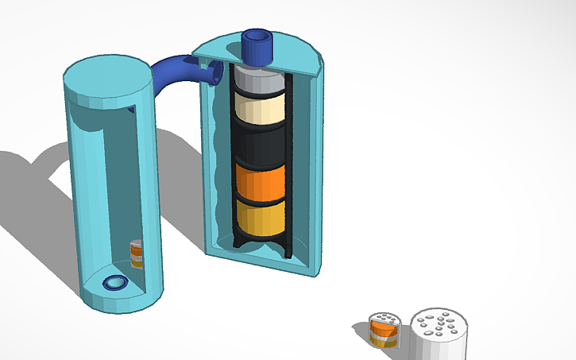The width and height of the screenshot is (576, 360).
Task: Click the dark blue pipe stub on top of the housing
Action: point(258,49)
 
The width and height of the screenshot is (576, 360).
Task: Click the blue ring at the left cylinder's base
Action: point(116,283)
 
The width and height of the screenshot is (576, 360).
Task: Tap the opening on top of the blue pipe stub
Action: point(258,37)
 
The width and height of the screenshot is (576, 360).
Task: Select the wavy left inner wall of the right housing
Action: point(216,159)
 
